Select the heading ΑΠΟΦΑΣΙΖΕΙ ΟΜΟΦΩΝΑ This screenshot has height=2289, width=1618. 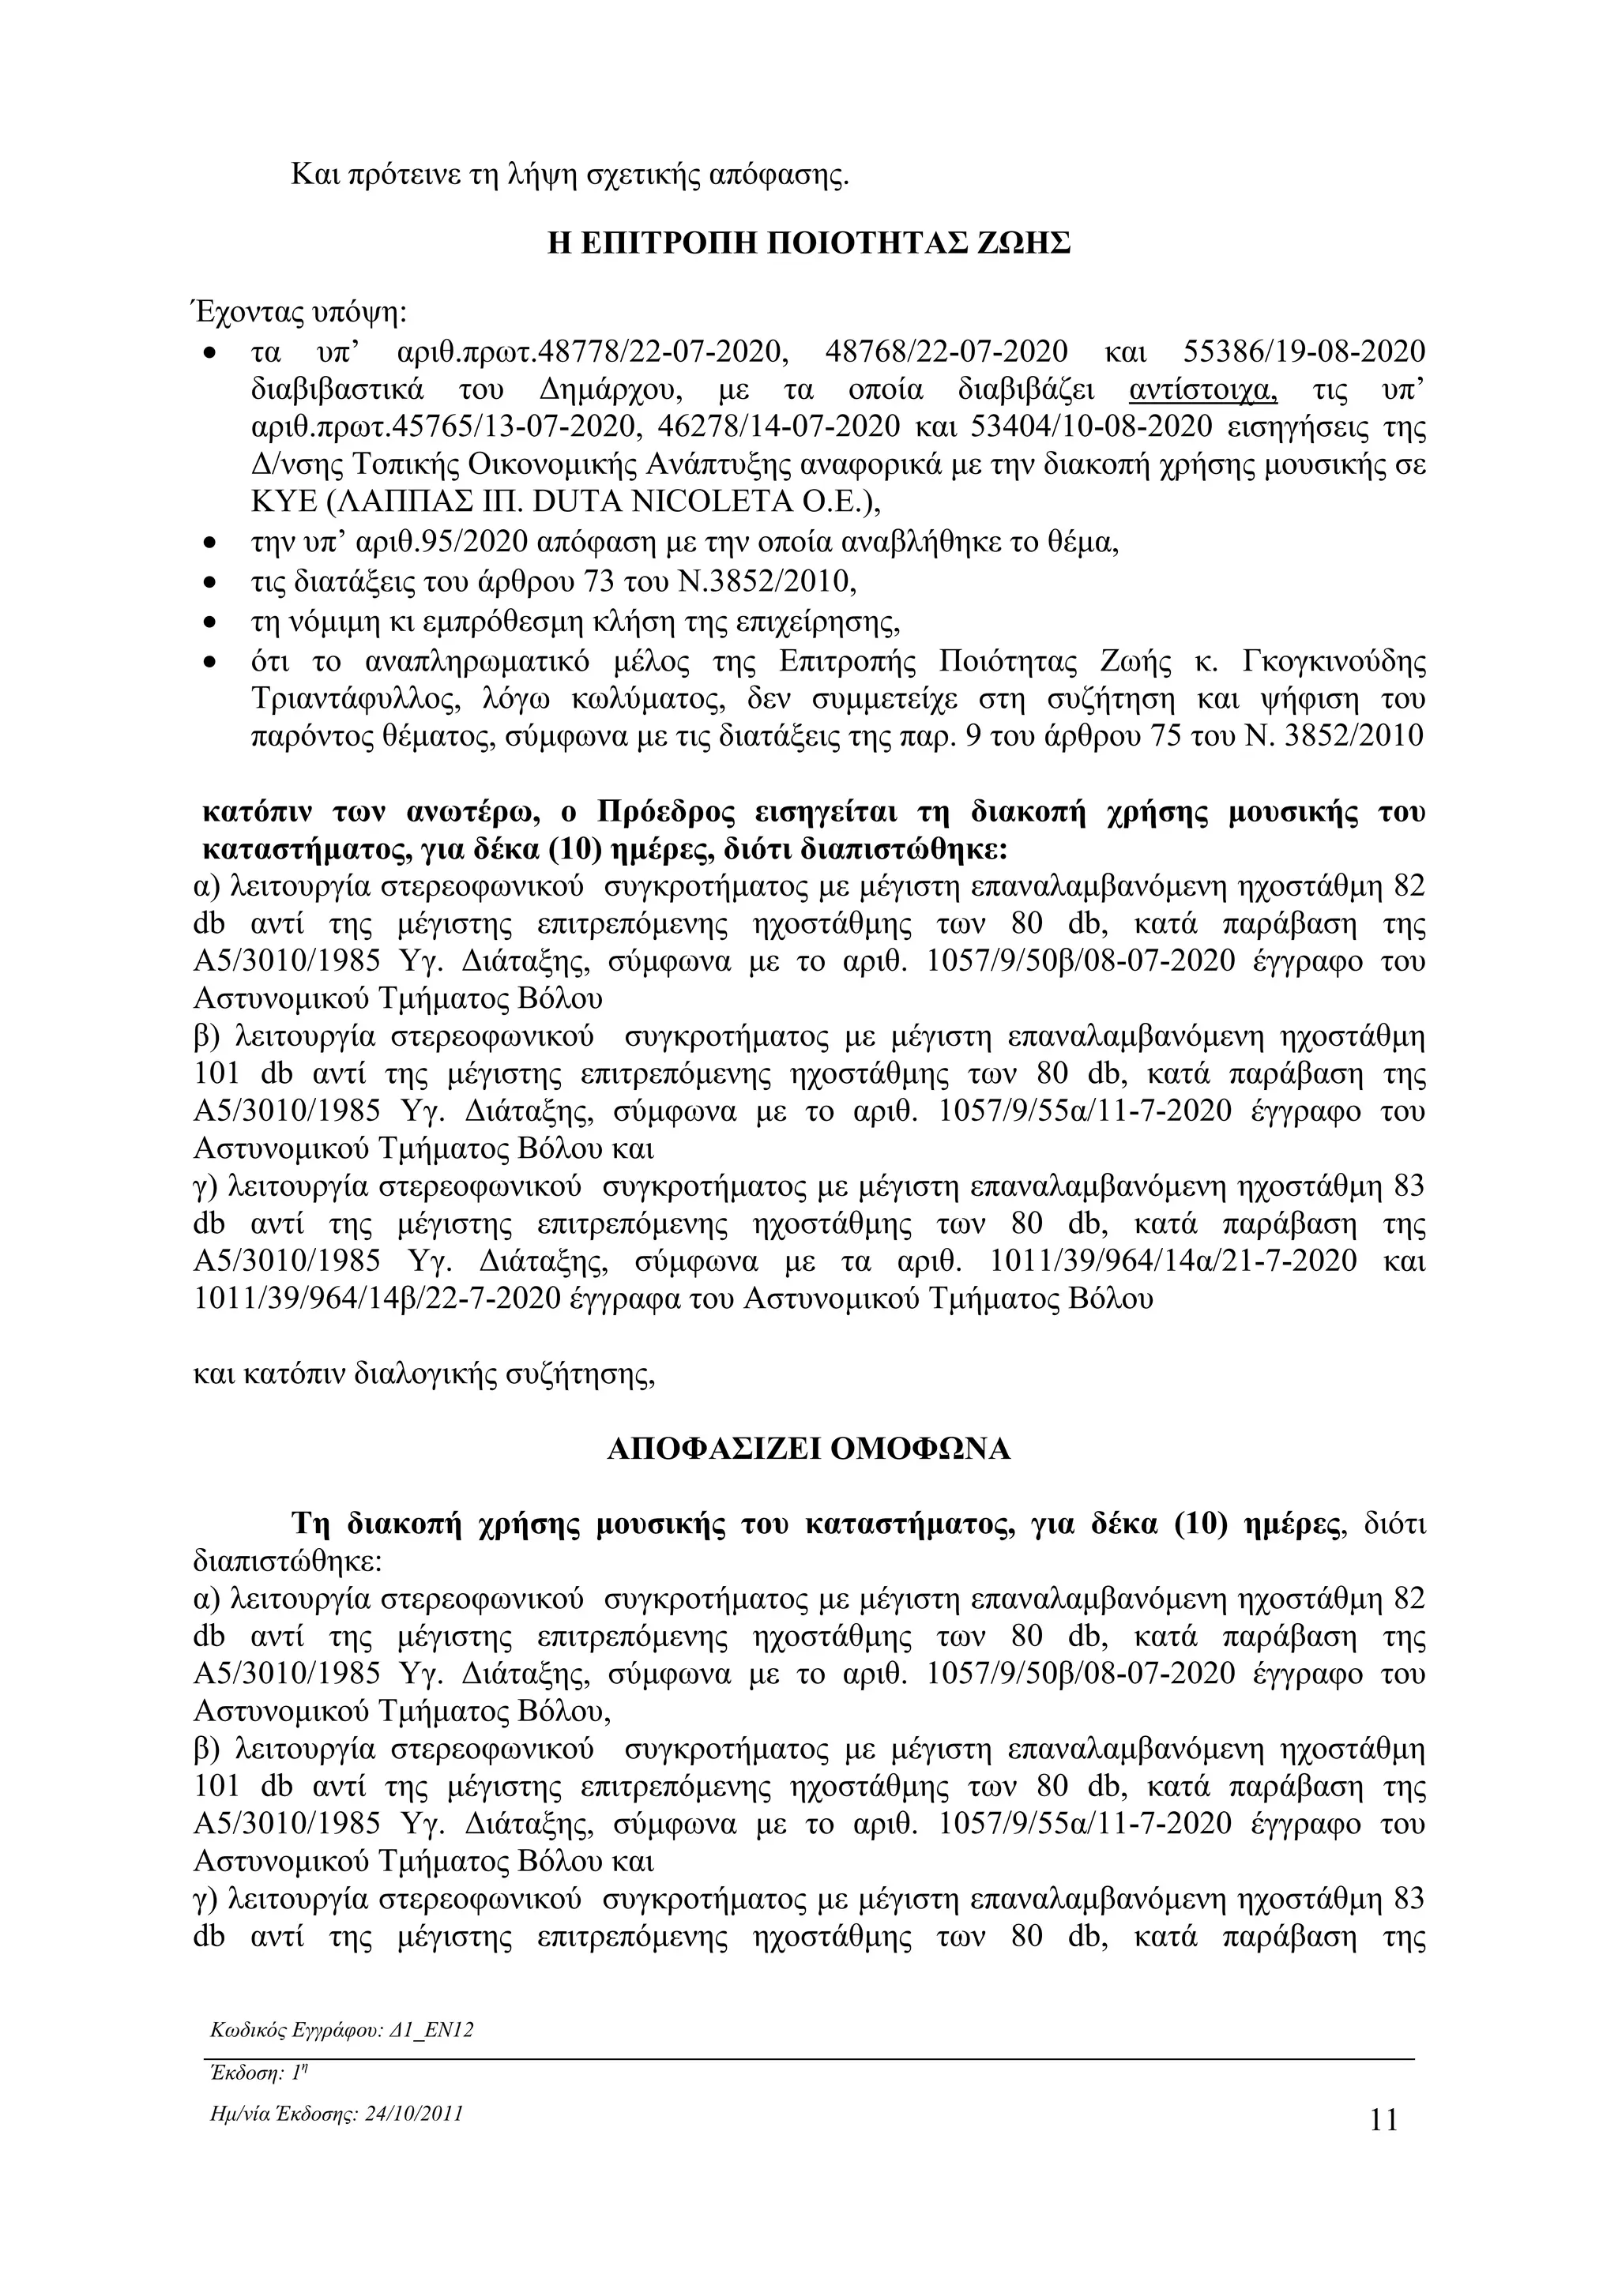point(808,1449)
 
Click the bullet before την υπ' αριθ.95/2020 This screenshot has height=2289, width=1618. point(209,545)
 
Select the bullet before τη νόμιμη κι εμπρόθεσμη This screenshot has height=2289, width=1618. point(209,623)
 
